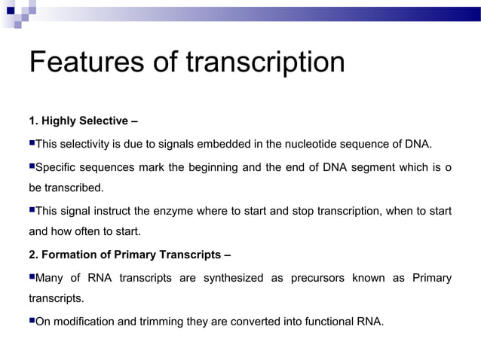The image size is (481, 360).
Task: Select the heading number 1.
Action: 34,121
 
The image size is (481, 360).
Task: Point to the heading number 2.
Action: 34,252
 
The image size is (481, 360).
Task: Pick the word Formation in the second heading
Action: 69,252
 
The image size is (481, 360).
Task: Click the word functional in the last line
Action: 319,322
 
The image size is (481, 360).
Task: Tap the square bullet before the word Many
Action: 32,276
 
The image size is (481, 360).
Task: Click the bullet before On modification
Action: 32,321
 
